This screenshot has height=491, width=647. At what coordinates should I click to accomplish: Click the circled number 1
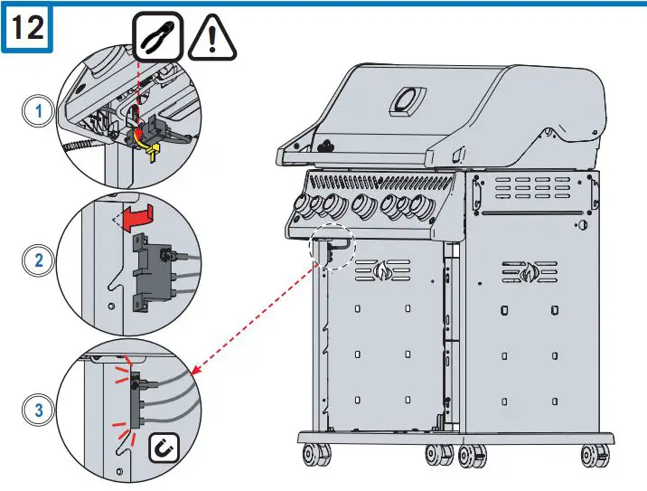tap(36, 111)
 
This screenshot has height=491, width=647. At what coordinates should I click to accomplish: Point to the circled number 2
tap(36, 260)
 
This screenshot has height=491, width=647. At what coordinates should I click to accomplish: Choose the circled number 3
tap(36, 411)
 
